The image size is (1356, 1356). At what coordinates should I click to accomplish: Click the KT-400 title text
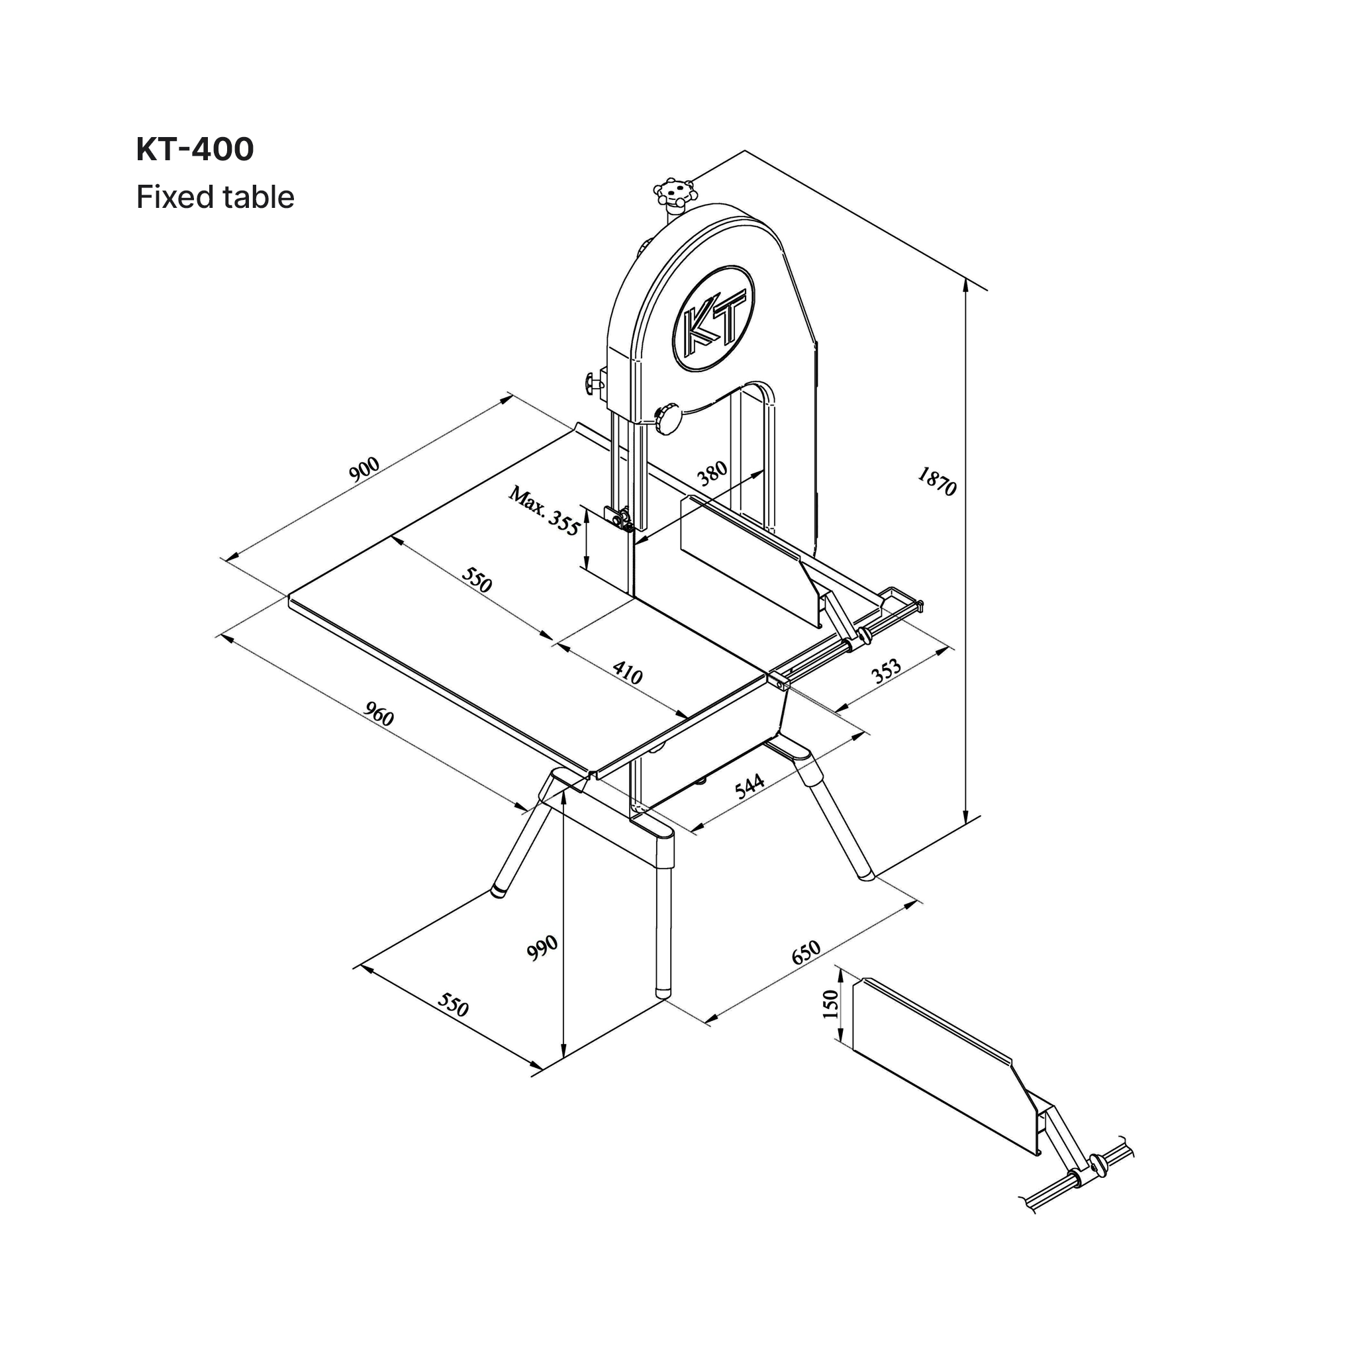pyautogui.click(x=195, y=150)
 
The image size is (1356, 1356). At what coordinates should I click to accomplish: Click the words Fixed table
pyautogui.click(x=215, y=197)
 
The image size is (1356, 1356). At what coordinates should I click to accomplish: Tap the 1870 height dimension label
pyautogui.click(x=937, y=481)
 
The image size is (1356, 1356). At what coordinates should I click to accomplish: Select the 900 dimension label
pyautogui.click(x=364, y=468)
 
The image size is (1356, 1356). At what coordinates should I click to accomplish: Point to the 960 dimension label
pyautogui.click(x=379, y=715)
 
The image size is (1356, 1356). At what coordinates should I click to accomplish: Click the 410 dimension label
pyautogui.click(x=628, y=673)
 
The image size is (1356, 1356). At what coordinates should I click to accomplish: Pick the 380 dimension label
pyautogui.click(x=712, y=474)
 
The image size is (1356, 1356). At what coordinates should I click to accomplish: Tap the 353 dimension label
pyautogui.click(x=887, y=671)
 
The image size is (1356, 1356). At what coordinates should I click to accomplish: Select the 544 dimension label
pyautogui.click(x=750, y=786)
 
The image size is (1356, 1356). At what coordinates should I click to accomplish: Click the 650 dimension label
pyautogui.click(x=806, y=952)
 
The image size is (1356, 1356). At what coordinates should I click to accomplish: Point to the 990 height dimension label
pyautogui.click(x=542, y=947)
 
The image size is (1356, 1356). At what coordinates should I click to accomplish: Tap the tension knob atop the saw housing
pyautogui.click(x=675, y=191)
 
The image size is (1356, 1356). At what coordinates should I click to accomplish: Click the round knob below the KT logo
pyautogui.click(x=669, y=419)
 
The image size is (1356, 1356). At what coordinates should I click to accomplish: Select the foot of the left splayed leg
pyautogui.click(x=499, y=892)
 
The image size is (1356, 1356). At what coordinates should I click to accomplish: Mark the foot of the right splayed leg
pyautogui.click(x=866, y=876)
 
